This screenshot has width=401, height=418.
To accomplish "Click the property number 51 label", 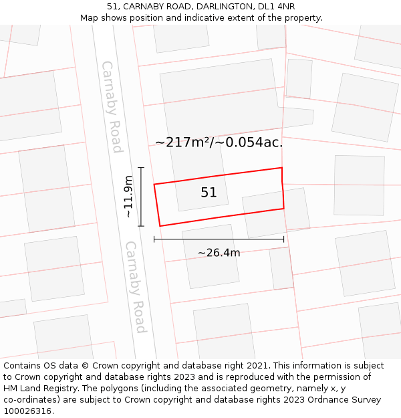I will click(x=209, y=193).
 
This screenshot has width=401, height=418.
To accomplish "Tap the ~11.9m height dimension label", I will click(x=128, y=197).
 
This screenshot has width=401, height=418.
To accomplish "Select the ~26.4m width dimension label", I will click(x=219, y=252).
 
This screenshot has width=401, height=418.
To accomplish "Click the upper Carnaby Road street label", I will click(x=112, y=106).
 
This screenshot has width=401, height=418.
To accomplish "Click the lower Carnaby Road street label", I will click(x=136, y=287).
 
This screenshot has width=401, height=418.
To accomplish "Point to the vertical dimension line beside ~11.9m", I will click(x=141, y=197).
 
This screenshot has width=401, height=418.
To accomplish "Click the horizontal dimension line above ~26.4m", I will click(x=219, y=239).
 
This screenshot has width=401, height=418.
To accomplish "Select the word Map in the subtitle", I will click(x=90, y=18).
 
